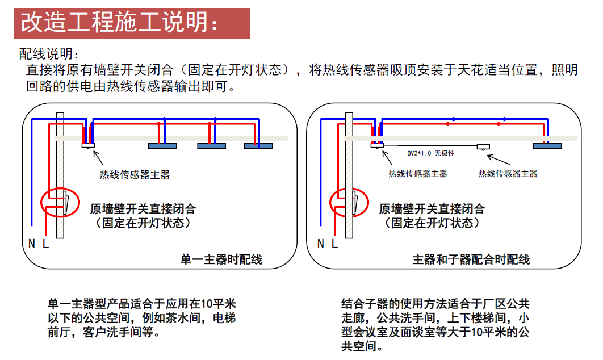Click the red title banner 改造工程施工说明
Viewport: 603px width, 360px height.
pos(132,23)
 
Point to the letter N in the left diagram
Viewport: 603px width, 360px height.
pos(32,244)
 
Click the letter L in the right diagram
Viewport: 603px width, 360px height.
pos(334,244)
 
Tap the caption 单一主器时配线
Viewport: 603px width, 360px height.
pos(221,259)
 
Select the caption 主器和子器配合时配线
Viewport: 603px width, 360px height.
pos(471,259)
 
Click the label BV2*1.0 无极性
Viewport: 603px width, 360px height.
pos(431,153)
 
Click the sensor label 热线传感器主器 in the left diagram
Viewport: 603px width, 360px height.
pos(135,175)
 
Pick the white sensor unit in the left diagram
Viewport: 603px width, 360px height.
pos(88,145)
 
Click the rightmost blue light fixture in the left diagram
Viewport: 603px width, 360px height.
pos(258,146)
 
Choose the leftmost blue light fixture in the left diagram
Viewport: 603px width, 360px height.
pos(162,146)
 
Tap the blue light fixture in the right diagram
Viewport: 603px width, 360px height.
pos(547,146)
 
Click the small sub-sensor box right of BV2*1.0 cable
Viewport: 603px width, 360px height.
pos(483,147)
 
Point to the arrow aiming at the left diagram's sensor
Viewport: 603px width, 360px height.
pos(98,158)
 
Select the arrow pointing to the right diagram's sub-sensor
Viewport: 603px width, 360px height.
pos(499,160)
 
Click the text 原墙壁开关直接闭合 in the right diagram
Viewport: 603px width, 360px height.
pos(432,209)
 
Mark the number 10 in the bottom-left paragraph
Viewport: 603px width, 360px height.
pos(206,304)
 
